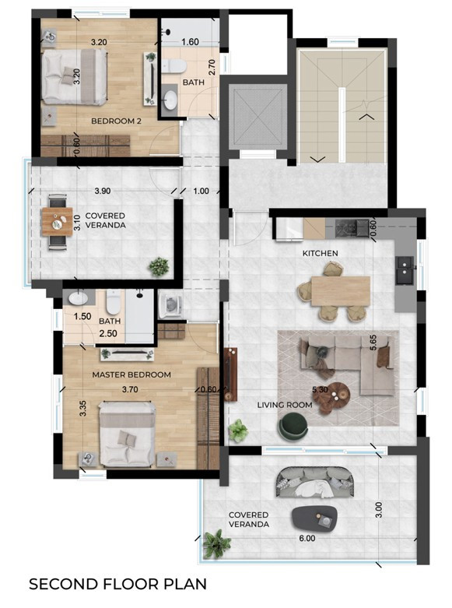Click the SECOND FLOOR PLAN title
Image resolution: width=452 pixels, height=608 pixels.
click(118, 582)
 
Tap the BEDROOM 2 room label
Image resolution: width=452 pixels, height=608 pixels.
click(117, 121)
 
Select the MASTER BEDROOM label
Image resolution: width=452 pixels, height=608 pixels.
click(131, 374)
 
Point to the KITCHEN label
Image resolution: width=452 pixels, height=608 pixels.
click(321, 253)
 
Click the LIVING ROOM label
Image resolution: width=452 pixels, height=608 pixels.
click(284, 405)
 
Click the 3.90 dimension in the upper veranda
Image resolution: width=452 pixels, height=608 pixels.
click(102, 190)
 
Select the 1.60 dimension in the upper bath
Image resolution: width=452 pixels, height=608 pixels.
click(190, 42)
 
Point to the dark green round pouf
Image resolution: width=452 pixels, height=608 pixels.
click(293, 425)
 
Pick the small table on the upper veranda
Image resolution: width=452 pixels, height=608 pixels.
click(57, 223)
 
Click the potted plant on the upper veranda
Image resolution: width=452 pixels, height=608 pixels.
click(159, 265)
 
